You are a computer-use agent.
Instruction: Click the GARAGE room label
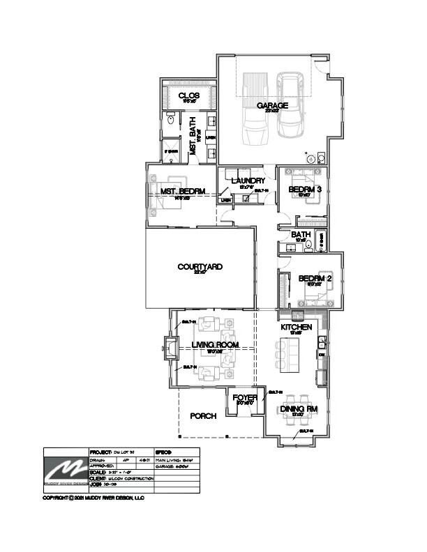(x=272, y=106)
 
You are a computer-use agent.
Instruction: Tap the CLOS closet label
(x=189, y=95)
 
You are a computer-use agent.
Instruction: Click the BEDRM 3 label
(x=304, y=189)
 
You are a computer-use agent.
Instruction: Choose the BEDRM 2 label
(x=315, y=279)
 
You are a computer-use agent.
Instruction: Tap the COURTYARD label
(x=200, y=267)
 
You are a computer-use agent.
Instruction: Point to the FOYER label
(x=246, y=398)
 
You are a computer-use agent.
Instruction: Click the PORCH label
(x=203, y=415)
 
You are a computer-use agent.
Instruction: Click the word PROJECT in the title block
(x=102, y=452)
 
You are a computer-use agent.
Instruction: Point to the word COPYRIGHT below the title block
(x=58, y=498)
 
